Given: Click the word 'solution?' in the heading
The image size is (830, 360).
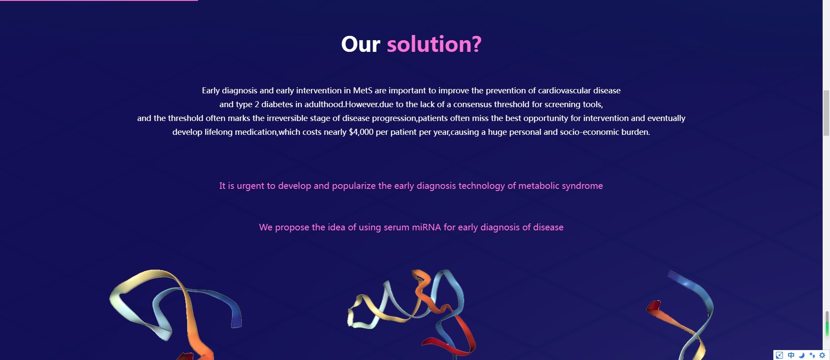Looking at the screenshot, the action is (x=434, y=44).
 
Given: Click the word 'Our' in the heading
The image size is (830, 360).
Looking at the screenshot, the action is (x=361, y=44).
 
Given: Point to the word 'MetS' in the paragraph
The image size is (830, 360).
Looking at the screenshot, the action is (x=363, y=90).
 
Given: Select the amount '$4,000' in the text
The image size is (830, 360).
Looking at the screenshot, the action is (x=361, y=132).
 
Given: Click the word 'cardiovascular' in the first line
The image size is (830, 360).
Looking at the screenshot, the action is (x=564, y=90).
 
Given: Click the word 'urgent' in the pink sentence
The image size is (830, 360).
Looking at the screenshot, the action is (x=250, y=186).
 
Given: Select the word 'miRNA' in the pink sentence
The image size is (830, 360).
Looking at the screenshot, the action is (x=426, y=227).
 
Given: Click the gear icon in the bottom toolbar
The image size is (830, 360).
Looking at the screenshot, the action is (x=822, y=355).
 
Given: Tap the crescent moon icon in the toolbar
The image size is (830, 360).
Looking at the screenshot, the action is (x=801, y=355).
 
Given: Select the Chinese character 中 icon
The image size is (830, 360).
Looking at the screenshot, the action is (x=791, y=355).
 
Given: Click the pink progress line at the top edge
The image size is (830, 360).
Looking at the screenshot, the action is (x=99, y=0).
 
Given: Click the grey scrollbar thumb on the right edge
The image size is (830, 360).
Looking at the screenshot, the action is (x=826, y=113).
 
